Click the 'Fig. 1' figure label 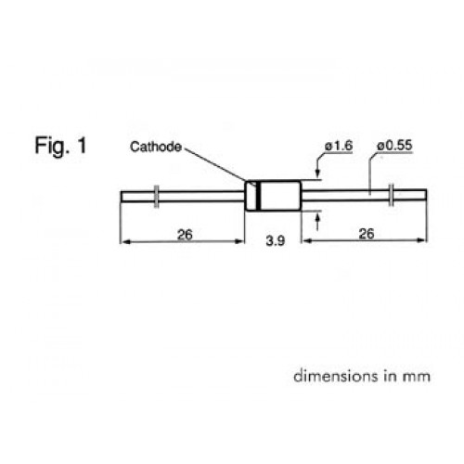[60, 146]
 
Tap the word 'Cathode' [156, 147]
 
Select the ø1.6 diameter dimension [339, 146]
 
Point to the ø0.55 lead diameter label [394, 146]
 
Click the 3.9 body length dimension [276, 240]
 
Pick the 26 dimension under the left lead [185, 235]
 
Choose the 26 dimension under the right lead [367, 234]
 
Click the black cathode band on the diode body [258, 196]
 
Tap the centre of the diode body [273, 196]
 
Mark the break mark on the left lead [157, 197]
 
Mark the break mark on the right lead [392, 195]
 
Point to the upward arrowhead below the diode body [317, 218]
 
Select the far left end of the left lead [121, 197]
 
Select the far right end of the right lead [426, 195]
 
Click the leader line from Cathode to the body [215, 164]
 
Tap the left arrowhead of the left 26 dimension [124, 241]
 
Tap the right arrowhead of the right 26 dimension [422, 240]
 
